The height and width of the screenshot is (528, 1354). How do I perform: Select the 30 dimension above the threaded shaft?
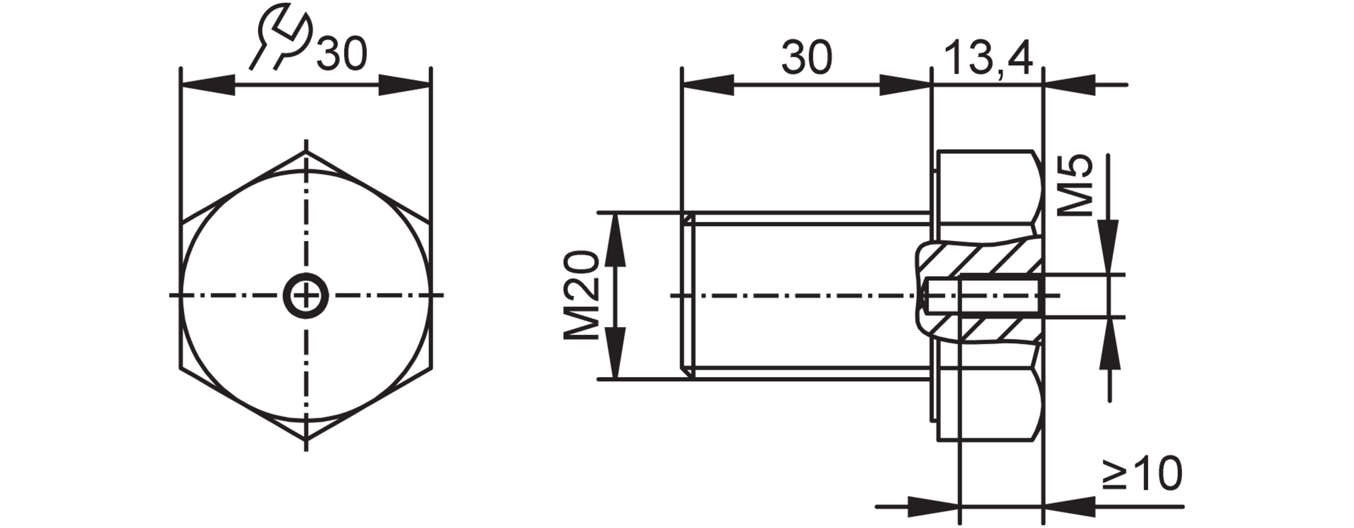coord(806,57)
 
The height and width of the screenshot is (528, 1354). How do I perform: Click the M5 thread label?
coord(1074,185)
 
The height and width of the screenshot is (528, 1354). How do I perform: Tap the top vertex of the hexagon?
coord(306,151)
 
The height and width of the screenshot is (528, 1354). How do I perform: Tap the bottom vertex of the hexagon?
coord(306,441)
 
